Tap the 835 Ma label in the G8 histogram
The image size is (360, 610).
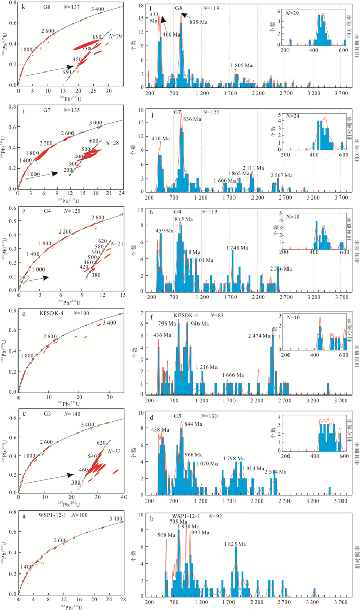point(198,22)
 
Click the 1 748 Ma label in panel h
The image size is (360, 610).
point(236,234)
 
